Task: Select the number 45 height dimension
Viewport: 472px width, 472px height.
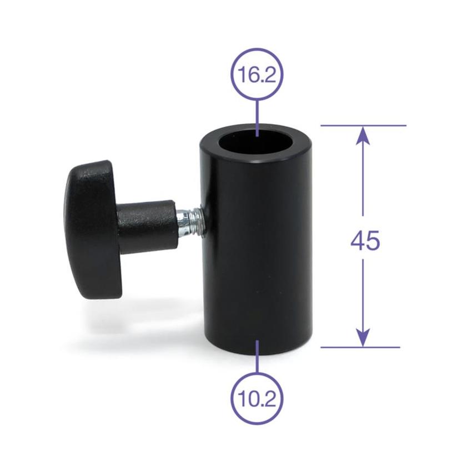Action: pyautogui.click(x=365, y=241)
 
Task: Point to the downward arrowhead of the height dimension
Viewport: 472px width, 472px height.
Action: pyautogui.click(x=363, y=338)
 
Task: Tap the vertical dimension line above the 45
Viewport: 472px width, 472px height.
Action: pyautogui.click(x=363, y=178)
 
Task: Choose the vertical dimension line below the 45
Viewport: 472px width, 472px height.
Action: pyautogui.click(x=363, y=294)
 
